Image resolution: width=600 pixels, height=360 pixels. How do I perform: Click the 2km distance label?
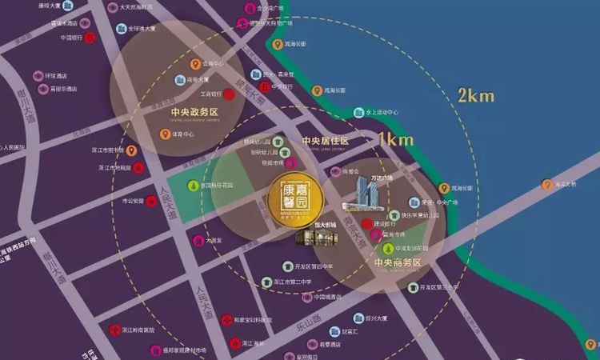point(475,96)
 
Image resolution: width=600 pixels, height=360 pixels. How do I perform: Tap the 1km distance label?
point(395,139)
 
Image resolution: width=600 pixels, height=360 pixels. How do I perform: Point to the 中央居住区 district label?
point(326,141)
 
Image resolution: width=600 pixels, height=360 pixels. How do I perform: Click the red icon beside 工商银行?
point(229,94)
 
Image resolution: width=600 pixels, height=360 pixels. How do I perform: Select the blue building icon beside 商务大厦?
point(178,79)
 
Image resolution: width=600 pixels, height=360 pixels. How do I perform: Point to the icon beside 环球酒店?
point(37,76)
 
